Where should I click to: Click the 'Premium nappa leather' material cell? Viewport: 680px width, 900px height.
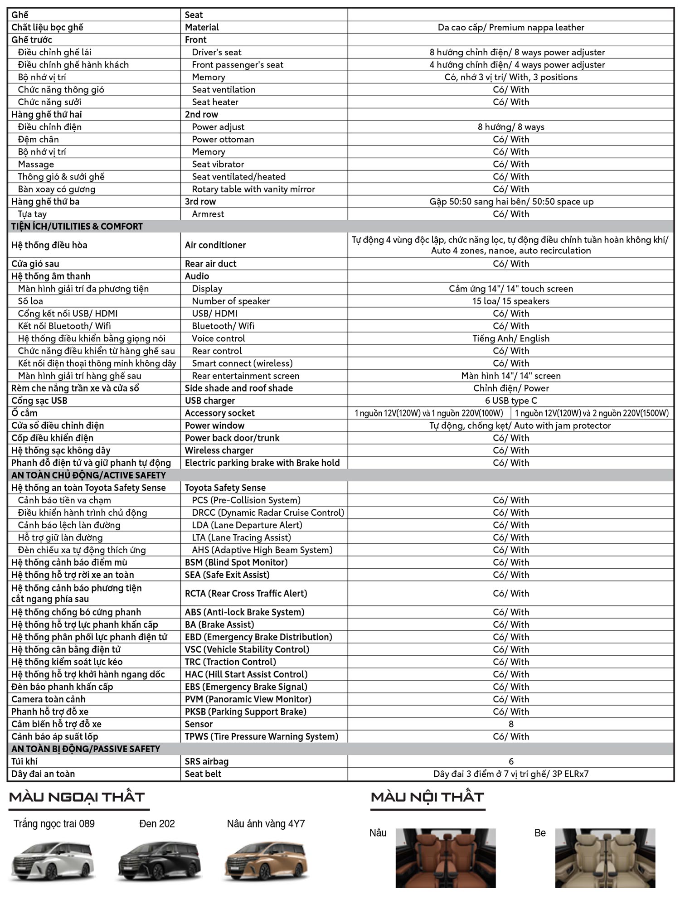(x=511, y=27)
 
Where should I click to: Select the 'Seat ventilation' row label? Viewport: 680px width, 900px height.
(x=223, y=90)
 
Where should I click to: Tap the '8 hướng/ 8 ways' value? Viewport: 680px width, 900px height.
(x=511, y=127)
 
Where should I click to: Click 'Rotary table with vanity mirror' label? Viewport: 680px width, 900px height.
(x=253, y=189)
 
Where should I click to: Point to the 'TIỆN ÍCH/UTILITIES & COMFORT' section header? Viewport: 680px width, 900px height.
(x=77, y=226)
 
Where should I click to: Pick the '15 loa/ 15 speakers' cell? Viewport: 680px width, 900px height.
(x=511, y=301)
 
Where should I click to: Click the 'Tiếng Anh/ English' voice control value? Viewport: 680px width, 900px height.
(x=511, y=339)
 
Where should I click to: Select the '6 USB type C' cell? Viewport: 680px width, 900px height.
(x=511, y=401)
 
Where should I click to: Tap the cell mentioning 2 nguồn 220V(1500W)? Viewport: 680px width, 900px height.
(x=592, y=413)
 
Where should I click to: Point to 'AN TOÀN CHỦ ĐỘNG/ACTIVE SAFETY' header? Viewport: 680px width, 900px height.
(x=88, y=475)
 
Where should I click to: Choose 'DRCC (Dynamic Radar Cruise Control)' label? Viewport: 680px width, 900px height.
(x=268, y=513)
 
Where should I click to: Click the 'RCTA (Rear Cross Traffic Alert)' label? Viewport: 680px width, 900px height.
(x=246, y=593)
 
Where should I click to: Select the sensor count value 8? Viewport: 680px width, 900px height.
(x=511, y=724)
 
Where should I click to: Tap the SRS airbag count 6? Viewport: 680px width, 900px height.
(x=511, y=761)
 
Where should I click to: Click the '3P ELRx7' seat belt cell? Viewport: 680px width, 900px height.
(x=511, y=774)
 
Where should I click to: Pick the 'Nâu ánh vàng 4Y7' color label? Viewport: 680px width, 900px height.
(x=266, y=824)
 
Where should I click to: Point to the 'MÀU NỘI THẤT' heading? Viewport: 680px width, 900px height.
(x=427, y=797)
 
